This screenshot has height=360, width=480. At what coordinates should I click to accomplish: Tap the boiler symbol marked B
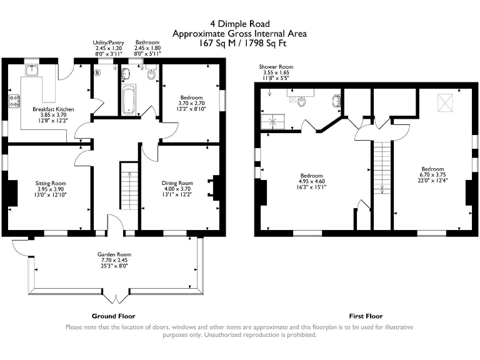tap(97, 72)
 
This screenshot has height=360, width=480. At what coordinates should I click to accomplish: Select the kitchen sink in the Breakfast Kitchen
tap(31, 70)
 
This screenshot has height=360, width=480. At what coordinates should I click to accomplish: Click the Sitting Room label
tap(50, 183)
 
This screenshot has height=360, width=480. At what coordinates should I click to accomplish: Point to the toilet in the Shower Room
tap(301, 101)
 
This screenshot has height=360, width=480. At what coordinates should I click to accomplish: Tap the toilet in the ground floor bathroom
tap(151, 76)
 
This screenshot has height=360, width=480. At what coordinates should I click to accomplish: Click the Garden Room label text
tap(114, 255)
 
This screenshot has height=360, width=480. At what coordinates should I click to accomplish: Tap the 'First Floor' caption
tap(366, 316)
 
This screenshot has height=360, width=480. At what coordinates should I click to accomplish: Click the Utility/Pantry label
tap(107, 42)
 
